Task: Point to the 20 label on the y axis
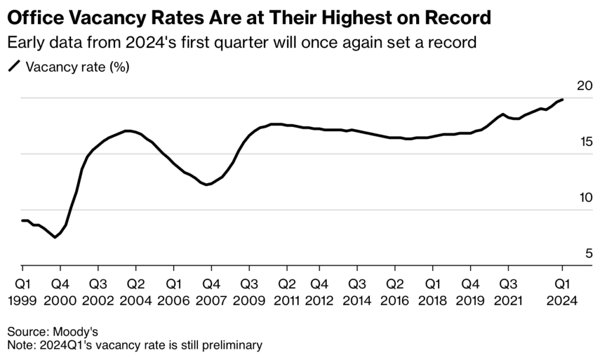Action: (568, 85)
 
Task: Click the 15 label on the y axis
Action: (568, 142)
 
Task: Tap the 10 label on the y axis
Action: (568, 197)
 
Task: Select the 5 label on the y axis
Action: (572, 253)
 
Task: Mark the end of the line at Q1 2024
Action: (562, 100)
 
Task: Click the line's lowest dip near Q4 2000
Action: (55, 237)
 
